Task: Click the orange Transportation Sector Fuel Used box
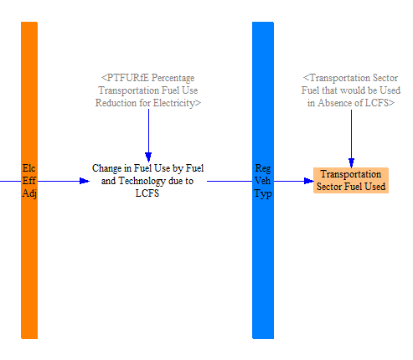(351, 180)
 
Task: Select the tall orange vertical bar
(29, 180)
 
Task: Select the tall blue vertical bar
(263, 180)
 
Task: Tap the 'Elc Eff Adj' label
(29, 181)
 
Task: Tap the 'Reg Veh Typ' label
(263, 181)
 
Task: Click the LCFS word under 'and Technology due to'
(147, 193)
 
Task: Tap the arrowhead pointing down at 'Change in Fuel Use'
(148, 157)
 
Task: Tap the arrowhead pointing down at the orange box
(351, 162)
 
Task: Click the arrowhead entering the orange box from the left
(309, 181)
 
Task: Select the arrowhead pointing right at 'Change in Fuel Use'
(85, 181)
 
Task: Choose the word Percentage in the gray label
(173, 78)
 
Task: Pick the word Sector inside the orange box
(329, 187)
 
